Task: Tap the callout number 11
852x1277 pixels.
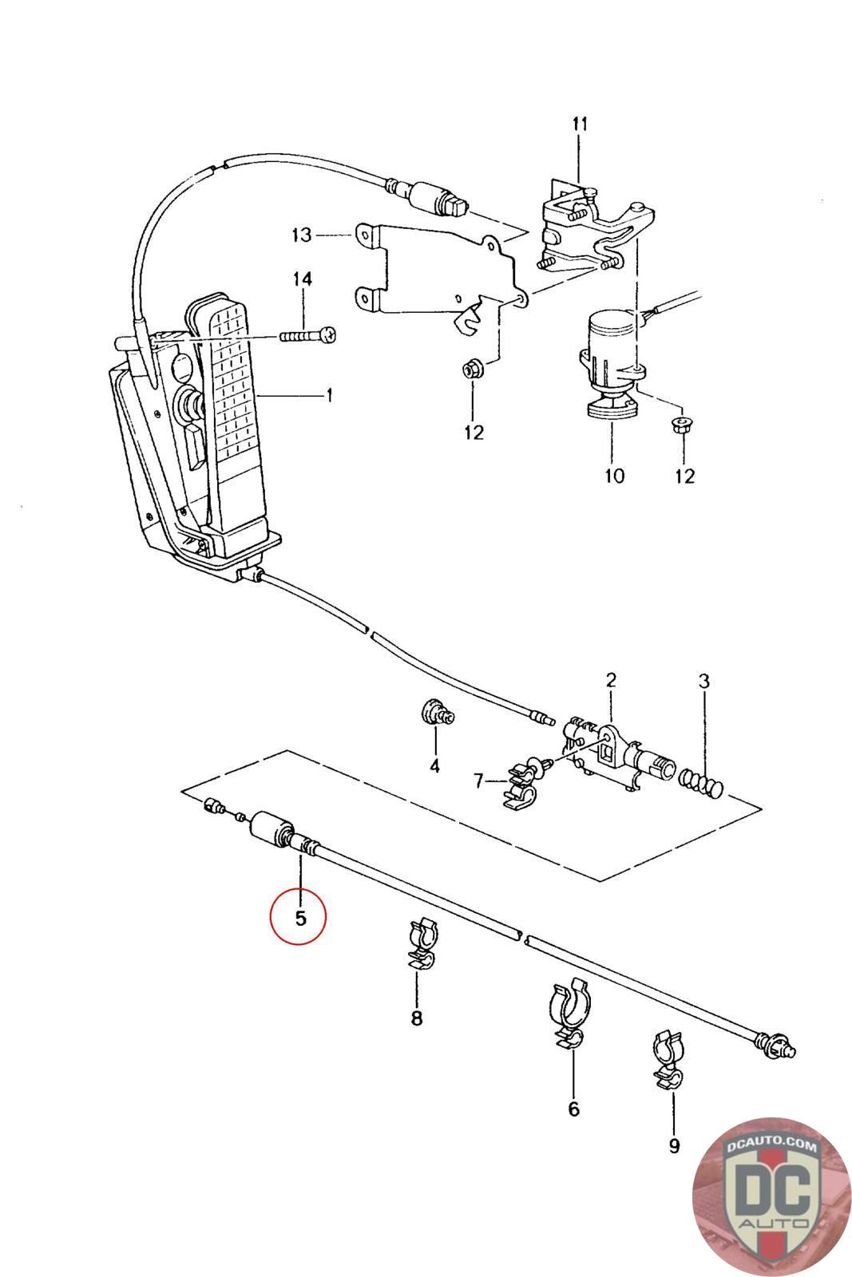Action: tap(580, 124)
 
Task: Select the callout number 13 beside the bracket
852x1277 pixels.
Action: tap(302, 235)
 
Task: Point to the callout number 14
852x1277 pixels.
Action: tap(303, 279)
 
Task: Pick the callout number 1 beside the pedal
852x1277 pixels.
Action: tap(329, 395)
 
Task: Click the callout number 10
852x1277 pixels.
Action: tap(614, 476)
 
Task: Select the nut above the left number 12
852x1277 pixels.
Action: tap(473, 369)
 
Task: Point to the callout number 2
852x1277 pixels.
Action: tap(611, 680)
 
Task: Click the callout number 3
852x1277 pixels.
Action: tap(704, 681)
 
